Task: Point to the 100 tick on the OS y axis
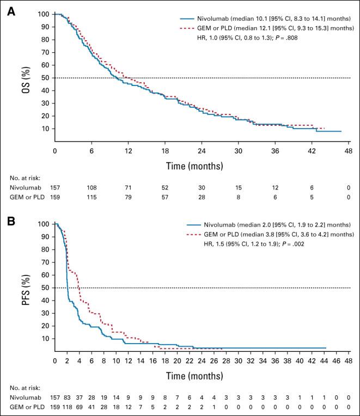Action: (42, 14)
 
